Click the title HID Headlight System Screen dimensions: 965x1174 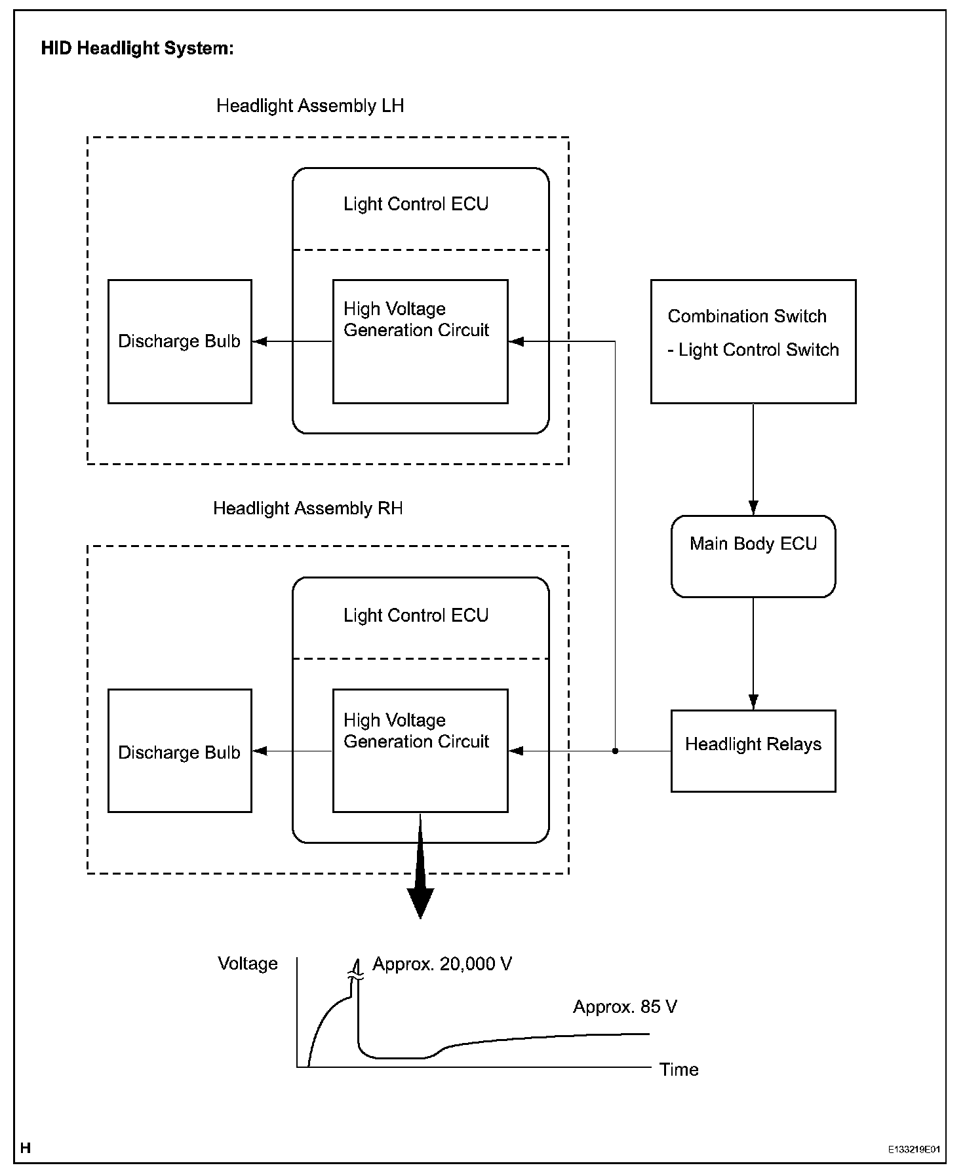coord(137,48)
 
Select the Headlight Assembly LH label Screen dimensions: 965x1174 coord(310,106)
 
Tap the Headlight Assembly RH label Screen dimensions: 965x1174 coord(308,508)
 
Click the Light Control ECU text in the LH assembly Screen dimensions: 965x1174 coord(416,204)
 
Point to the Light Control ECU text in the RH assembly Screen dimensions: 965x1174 coord(416,616)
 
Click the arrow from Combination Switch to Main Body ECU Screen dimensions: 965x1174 coord(753,459)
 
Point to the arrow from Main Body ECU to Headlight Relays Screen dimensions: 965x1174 coord(753,654)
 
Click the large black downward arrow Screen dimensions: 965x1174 coord(420,866)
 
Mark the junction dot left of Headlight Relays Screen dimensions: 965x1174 coord(615,751)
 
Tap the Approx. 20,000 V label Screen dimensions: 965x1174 coord(443,964)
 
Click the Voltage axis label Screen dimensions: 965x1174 coord(248,964)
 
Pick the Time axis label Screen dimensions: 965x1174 coord(679,1070)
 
